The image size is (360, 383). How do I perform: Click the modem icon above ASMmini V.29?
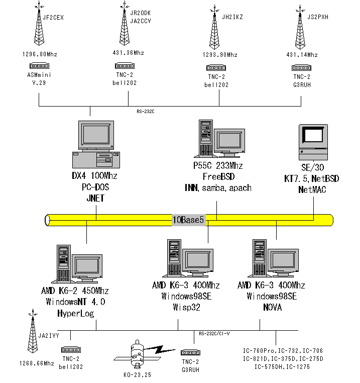(39, 65)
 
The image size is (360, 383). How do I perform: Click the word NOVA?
(271, 308)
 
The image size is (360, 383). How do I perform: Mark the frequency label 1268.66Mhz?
(37, 363)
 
